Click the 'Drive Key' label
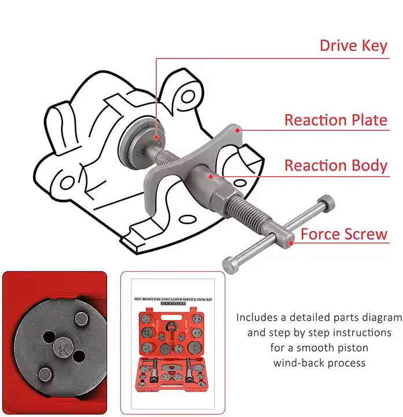click(353, 45)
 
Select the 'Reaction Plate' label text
click(335, 120)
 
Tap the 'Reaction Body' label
click(335, 165)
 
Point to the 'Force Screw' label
click(344, 234)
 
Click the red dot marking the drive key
click(156, 137)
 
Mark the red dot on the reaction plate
click(238, 131)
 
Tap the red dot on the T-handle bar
click(291, 243)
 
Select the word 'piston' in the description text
click(350, 348)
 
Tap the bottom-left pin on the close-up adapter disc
click(45, 372)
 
